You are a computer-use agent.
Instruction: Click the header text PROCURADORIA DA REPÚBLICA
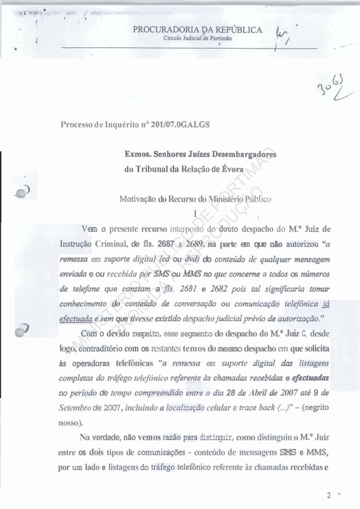[x=197, y=30]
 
